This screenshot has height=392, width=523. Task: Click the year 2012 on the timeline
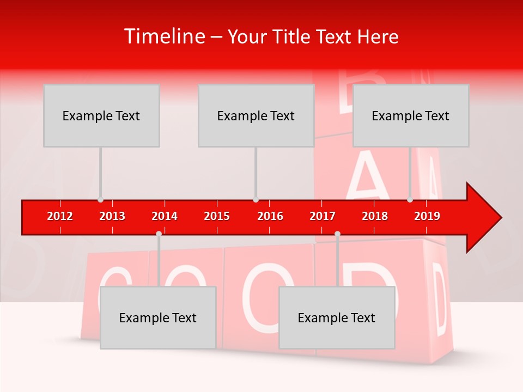60,216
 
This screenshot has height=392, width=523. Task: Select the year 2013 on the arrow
112,216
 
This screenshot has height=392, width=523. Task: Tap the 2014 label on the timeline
165,216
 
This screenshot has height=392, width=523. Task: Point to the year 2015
217,216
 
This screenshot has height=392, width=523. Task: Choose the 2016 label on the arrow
270,216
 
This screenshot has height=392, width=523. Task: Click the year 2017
323,216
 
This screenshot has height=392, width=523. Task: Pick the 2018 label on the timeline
375,216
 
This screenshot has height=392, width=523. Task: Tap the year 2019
427,216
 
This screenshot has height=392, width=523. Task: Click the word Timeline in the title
164,36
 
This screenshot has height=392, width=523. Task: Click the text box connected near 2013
101,115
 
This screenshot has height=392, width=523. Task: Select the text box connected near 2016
256,115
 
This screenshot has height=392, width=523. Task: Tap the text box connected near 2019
411,115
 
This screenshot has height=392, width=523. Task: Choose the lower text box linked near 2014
158,317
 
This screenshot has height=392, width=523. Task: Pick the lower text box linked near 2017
337,317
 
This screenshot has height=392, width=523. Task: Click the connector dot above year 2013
100,200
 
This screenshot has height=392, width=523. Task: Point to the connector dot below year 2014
159,234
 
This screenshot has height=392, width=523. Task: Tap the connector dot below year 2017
337,234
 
